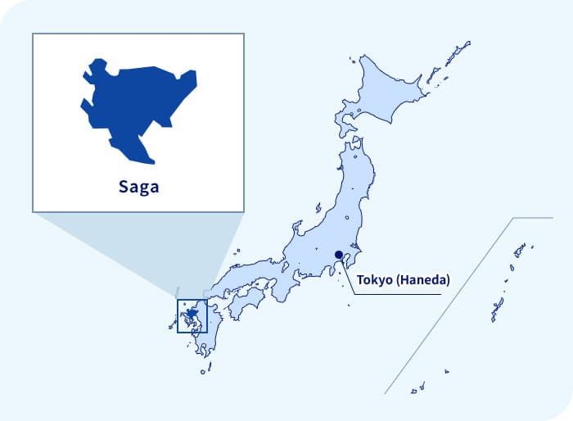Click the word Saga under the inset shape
[138, 186]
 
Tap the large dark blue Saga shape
[135, 102]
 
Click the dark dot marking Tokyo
[339, 255]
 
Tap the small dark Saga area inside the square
[191, 314]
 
